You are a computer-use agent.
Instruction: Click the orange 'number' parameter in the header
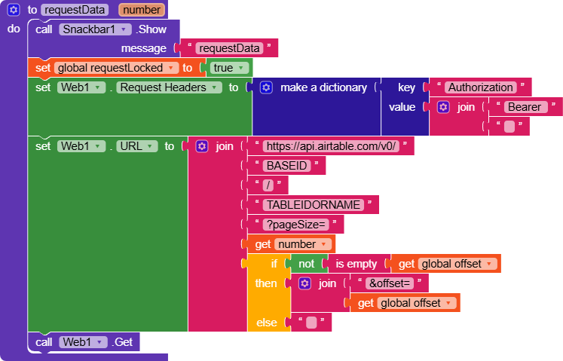point(142,10)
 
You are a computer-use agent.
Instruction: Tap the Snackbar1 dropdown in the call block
point(93,29)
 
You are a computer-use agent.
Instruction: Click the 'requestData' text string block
point(228,48)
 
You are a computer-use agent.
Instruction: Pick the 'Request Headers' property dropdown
point(170,87)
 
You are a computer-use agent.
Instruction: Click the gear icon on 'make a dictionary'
point(265,87)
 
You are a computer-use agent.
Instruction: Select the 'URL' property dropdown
point(136,146)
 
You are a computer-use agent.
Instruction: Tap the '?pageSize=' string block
point(295,225)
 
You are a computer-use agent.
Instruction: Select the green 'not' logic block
point(306,264)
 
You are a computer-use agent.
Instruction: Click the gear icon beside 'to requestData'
point(14,10)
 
